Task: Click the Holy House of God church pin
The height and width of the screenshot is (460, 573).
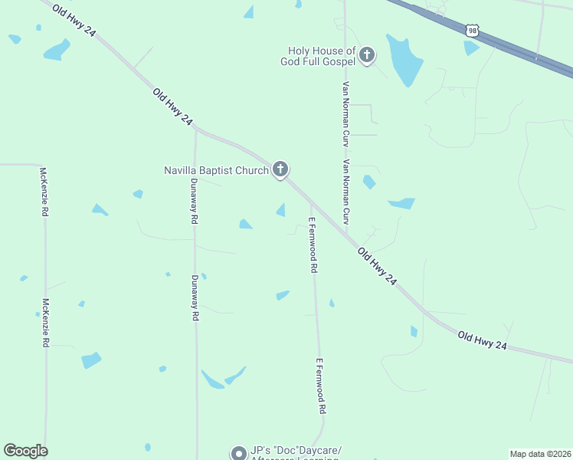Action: [x=367, y=55]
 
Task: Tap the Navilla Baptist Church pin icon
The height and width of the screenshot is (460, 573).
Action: [x=280, y=170]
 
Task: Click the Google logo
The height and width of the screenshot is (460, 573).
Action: [x=25, y=451]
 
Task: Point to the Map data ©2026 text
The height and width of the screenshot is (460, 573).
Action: [x=541, y=453]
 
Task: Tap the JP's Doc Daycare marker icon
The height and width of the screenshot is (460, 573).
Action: [x=239, y=453]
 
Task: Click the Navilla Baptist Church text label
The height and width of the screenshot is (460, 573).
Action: [x=216, y=170]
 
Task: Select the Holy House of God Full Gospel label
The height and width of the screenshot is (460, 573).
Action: [x=317, y=56]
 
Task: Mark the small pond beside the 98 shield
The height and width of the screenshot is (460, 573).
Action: [x=470, y=48]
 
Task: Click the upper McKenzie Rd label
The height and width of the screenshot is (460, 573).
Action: [x=44, y=191]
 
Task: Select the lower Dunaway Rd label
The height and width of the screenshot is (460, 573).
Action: [x=195, y=297]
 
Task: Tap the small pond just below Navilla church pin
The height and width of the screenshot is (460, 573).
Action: [x=281, y=210]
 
